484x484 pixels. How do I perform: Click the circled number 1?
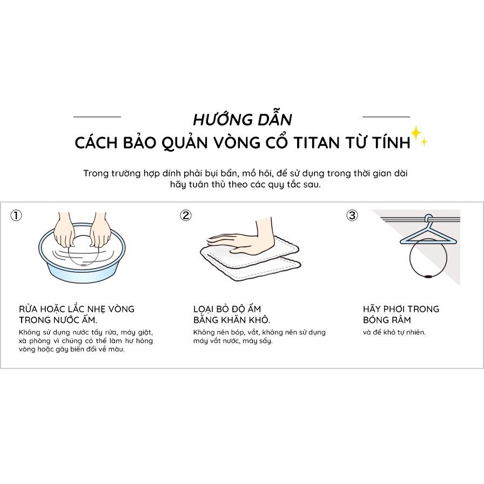click(x=16, y=215)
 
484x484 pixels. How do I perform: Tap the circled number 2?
click(x=186, y=215)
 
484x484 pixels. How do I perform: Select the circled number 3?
click(x=352, y=215)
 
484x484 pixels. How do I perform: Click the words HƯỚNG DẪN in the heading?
click(x=243, y=119)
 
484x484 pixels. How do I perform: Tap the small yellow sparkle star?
click(x=425, y=142)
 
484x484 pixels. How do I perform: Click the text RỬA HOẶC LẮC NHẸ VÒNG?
click(x=77, y=309)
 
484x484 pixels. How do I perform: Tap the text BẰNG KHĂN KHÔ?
click(x=232, y=320)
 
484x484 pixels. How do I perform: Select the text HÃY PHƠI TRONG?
click(x=401, y=309)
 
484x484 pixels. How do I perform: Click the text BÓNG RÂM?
click(x=387, y=320)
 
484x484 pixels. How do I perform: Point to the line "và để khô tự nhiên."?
click(x=394, y=332)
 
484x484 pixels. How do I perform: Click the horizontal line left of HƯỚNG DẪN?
click(x=97, y=117)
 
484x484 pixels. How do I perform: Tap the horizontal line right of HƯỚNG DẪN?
click(x=386, y=117)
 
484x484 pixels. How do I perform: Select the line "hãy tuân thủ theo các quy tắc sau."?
click(x=245, y=185)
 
